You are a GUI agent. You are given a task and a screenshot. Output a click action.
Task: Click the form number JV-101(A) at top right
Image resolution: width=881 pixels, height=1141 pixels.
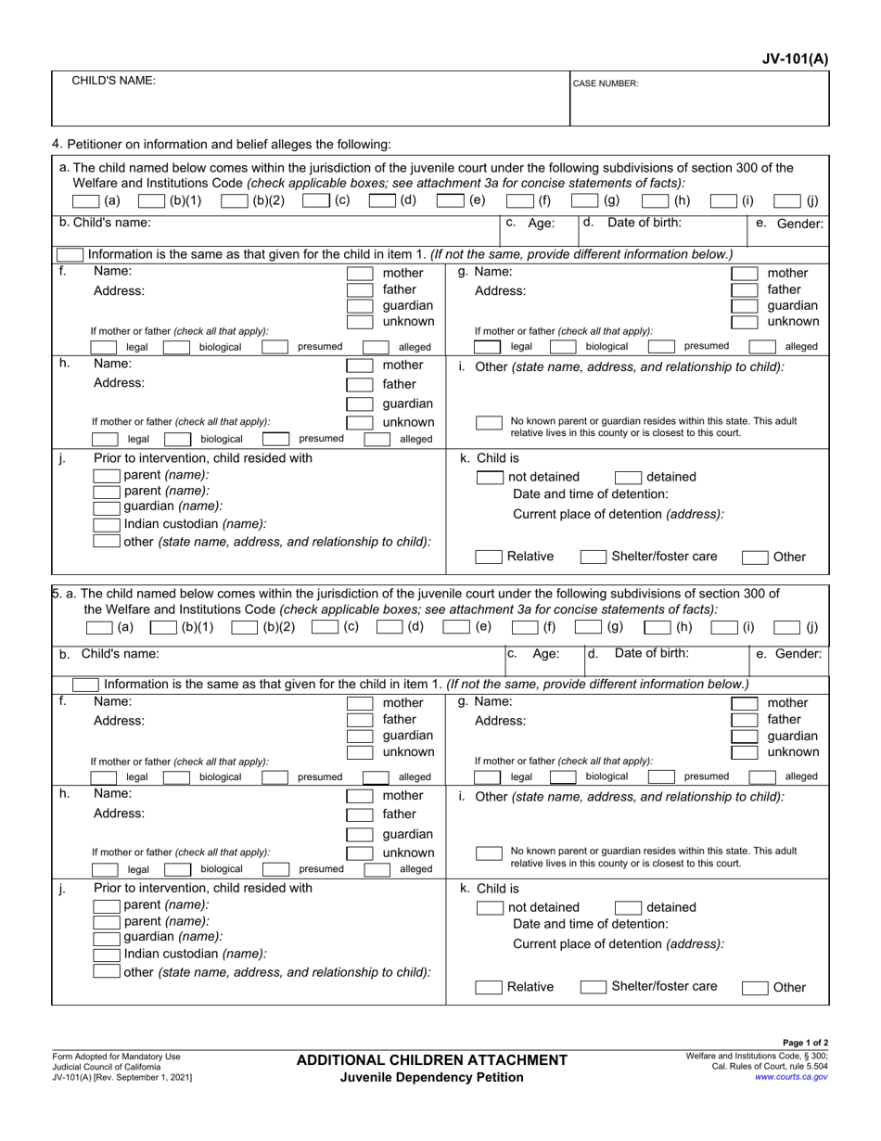tap(793, 59)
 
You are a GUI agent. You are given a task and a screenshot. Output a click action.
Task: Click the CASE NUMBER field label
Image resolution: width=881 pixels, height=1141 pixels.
tap(605, 83)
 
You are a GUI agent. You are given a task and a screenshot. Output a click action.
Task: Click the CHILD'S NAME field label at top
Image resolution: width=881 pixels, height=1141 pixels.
tap(114, 81)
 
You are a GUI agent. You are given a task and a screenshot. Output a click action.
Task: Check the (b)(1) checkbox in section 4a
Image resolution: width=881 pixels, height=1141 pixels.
tap(154, 200)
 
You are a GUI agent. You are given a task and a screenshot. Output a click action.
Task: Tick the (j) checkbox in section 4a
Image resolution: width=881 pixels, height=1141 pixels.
tap(788, 200)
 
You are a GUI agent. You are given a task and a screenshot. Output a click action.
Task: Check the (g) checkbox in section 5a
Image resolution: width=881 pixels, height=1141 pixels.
tap(586, 627)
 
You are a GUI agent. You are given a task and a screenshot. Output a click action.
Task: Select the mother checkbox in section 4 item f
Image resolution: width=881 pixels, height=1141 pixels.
tap(360, 273)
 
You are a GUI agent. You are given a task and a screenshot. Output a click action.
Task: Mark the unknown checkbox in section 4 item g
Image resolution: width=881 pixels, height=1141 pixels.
tap(745, 322)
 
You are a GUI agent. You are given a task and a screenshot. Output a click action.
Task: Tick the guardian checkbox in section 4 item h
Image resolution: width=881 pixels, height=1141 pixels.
tap(360, 404)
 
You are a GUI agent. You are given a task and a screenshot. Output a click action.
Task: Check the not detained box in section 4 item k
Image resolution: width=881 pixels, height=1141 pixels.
tap(490, 478)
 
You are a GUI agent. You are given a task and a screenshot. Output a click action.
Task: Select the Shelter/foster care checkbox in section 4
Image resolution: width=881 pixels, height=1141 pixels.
tap(594, 558)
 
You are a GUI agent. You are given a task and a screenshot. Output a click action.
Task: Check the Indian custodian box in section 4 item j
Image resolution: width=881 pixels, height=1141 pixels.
tap(108, 524)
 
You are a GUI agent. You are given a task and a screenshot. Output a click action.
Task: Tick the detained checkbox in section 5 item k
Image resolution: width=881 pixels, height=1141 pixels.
tap(629, 908)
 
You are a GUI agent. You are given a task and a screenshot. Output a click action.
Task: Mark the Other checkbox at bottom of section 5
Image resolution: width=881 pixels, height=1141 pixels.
tap(756, 988)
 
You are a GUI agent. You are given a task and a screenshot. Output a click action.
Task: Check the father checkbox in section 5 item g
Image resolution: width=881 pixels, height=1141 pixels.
tap(745, 719)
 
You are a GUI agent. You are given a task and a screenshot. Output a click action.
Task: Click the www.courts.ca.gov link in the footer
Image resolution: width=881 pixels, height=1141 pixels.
tap(791, 1076)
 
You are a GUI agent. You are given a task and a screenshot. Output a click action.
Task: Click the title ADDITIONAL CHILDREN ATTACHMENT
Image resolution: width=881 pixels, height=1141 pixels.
tap(431, 1059)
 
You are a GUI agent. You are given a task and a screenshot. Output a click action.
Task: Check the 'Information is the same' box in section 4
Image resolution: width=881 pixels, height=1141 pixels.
tap(70, 254)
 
